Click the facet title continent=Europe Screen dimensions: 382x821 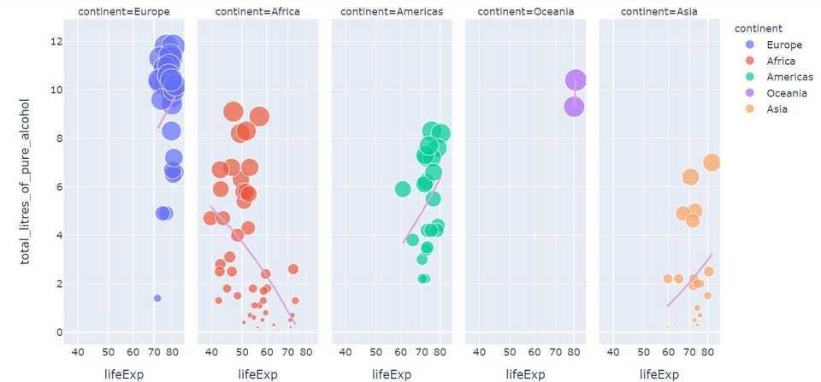point(123,12)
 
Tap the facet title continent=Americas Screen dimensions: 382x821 point(391,12)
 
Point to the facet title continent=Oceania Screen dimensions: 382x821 point(525,12)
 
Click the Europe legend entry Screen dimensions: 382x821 point(783,44)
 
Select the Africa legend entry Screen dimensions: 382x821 point(781,61)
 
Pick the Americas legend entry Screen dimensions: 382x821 point(789,77)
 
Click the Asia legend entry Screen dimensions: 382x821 point(777,109)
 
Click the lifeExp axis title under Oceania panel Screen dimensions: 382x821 point(525,373)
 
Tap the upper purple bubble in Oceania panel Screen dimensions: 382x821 point(576,80)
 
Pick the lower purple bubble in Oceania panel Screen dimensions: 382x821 point(574,107)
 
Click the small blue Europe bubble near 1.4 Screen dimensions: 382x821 point(157,298)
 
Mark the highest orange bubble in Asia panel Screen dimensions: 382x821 point(712,162)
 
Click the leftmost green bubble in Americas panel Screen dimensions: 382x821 point(403,189)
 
